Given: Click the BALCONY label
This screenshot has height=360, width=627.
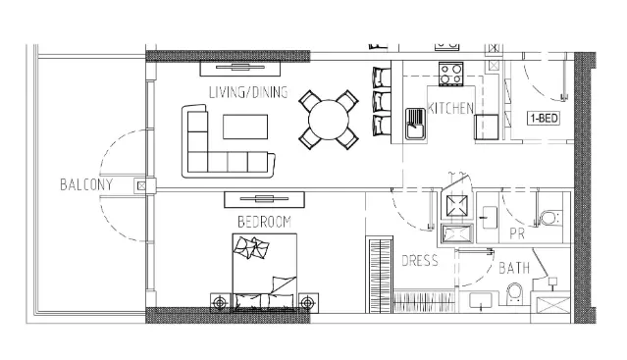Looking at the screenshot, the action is point(86,184).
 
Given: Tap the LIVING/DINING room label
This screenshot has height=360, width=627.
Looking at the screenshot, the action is point(248,92).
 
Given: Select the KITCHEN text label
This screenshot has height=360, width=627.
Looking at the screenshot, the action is point(450,108).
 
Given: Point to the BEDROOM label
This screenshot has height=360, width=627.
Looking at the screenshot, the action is point(264,222).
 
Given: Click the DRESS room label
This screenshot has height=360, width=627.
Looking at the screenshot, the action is point(420,261).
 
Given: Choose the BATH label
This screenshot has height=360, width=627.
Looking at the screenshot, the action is point(514,268).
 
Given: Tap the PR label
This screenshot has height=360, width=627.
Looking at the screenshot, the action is point(517,233).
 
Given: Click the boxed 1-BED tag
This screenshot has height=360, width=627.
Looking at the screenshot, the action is point(543,119).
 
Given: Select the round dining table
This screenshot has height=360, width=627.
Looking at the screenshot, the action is point(329,120).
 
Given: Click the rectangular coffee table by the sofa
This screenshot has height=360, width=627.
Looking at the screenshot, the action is point(245,127).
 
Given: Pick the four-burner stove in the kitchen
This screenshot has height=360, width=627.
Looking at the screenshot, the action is point(451,74).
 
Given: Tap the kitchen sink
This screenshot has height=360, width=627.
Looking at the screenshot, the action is point(415,124).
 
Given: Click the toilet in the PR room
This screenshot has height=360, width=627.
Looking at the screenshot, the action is point(549,219).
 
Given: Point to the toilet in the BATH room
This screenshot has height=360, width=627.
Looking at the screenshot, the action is point(514,293).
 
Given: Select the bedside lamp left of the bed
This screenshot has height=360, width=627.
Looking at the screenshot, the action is point(220,303).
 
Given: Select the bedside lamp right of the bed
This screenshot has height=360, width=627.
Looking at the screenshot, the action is point(307,303).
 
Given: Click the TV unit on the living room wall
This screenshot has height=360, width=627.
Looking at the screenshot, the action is point(240,68).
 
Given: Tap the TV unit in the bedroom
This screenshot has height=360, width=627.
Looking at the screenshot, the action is point(264,200).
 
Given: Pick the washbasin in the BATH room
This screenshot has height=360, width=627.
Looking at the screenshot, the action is point(481,301).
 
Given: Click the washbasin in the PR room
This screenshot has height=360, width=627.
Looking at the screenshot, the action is point(489,218).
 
